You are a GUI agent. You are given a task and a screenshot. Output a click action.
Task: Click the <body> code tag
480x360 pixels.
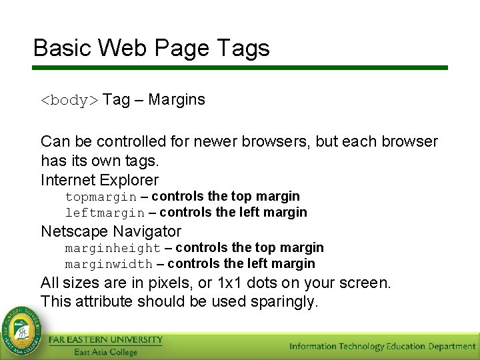coord(69,101)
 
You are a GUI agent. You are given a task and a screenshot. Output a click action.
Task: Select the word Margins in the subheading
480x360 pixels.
coord(177,100)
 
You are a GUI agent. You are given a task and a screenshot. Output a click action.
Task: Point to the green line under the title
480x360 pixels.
coord(240,67)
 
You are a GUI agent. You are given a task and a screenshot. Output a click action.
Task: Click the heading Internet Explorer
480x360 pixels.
coord(99,180)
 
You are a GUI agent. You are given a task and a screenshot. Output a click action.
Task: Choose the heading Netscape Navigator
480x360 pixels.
coord(111,231)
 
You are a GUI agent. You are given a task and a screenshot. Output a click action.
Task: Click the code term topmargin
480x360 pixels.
coord(101,197)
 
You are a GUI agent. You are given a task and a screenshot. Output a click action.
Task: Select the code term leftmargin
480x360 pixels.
coord(104,213)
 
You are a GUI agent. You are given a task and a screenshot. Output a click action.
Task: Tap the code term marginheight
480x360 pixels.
coord(112,248)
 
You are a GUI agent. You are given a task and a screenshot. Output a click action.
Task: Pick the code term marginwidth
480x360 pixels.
coord(108,264)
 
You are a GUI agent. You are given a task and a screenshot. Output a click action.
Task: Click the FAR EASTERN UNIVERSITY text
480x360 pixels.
coord(105,340)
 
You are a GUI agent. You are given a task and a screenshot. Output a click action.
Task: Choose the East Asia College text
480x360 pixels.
coord(105,352)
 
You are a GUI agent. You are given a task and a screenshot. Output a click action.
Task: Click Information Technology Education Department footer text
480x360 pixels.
coord(382,346)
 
